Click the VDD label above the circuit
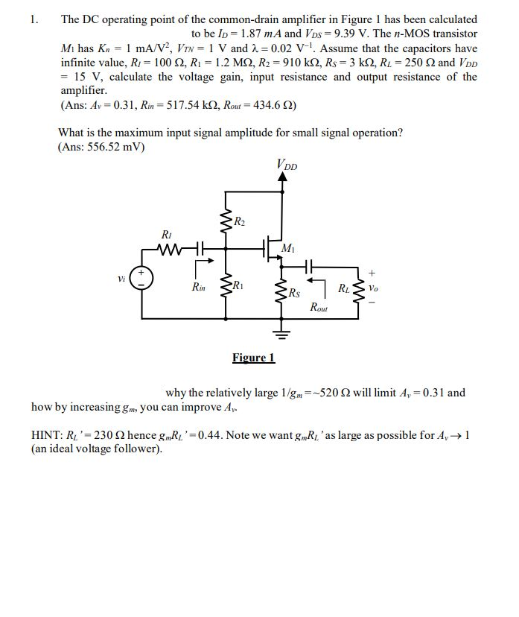[x=285, y=165]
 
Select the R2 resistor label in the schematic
[x=238, y=221]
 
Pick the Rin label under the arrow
[x=199, y=287]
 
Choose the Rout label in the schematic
[x=319, y=306]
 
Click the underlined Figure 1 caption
[x=253, y=358]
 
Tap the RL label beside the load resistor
[x=345, y=288]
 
